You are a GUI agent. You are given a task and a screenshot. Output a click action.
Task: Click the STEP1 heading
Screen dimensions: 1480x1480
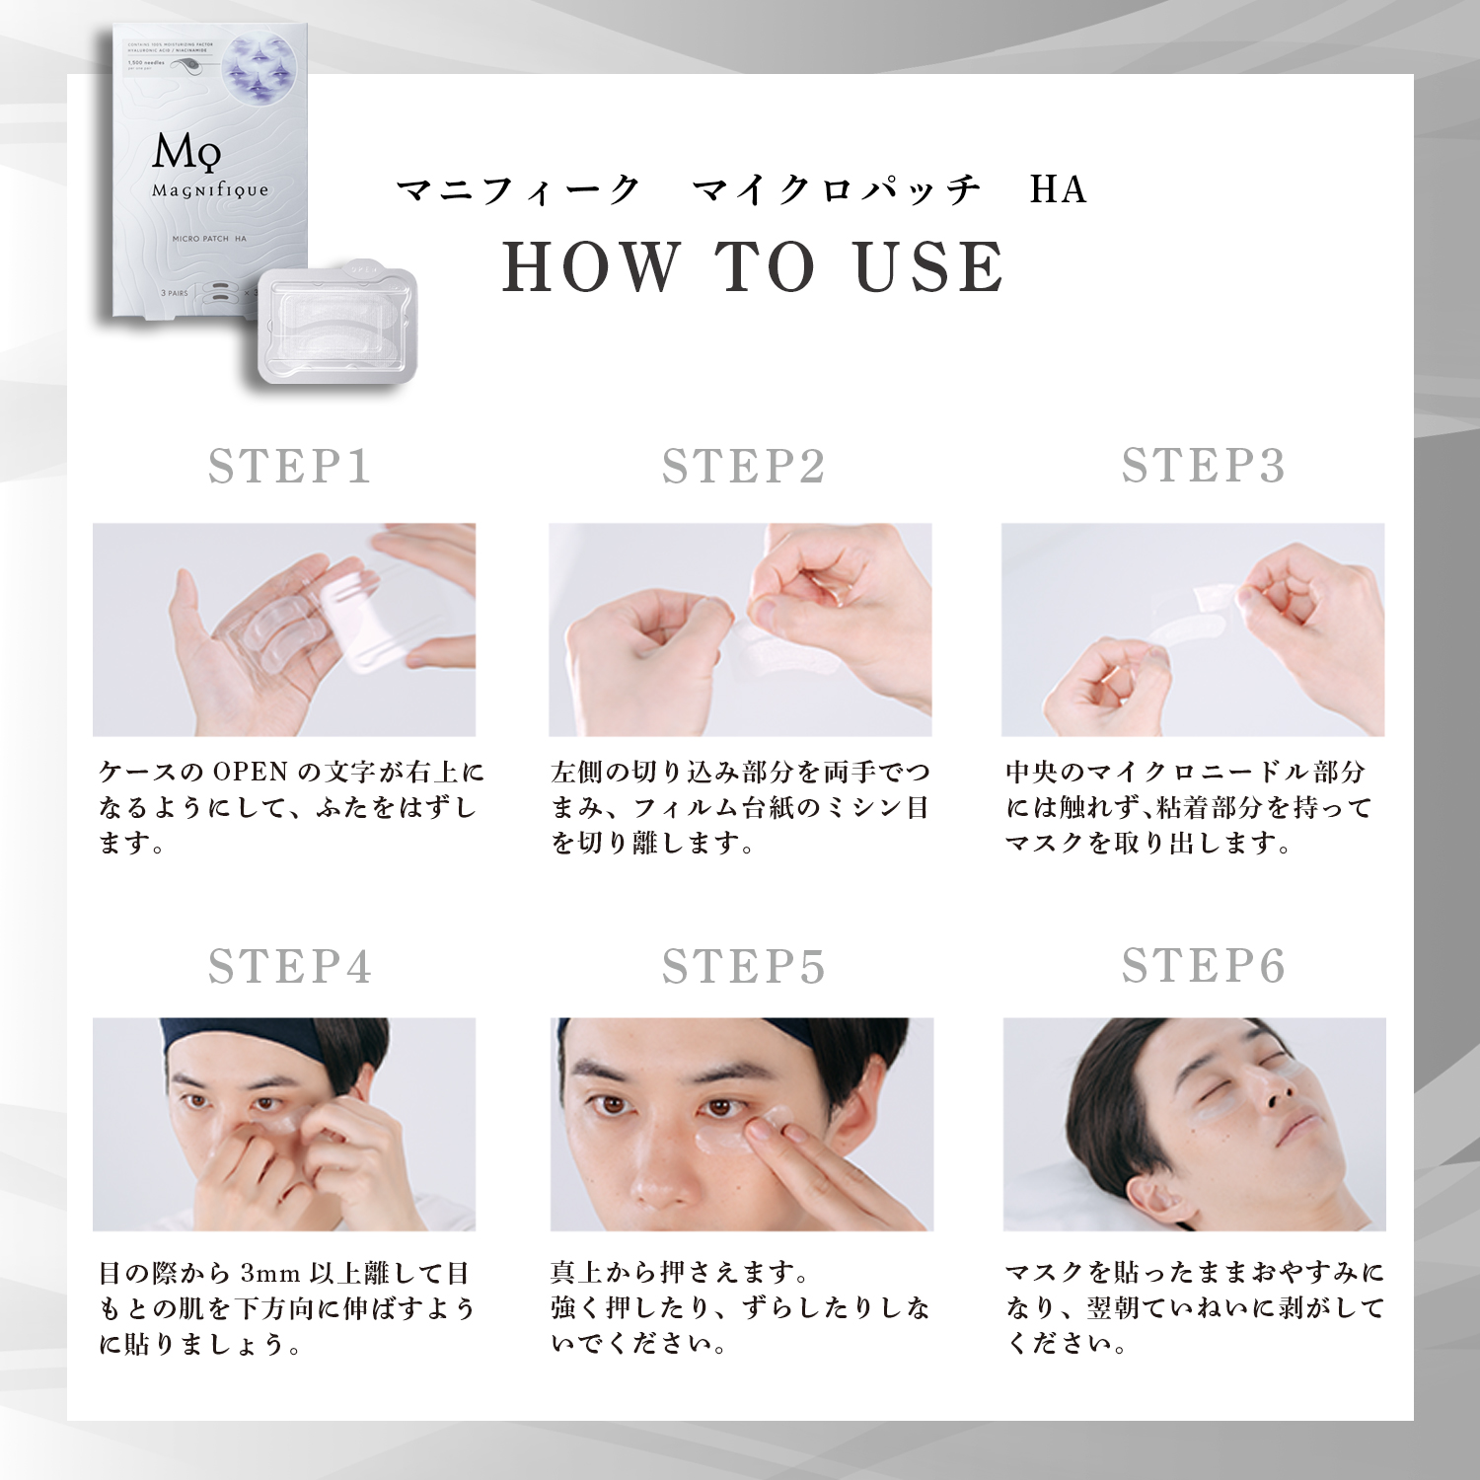click(x=289, y=467)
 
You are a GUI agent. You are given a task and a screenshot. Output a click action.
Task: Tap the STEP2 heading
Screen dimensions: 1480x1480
click(x=743, y=467)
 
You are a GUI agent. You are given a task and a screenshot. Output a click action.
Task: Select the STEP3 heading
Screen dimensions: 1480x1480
click(x=1203, y=466)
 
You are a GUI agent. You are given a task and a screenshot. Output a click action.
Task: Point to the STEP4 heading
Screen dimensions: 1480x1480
click(x=289, y=967)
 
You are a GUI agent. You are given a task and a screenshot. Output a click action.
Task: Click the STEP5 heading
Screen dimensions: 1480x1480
click(x=743, y=967)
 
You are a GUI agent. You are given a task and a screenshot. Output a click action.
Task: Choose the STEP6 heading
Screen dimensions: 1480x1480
click(x=1203, y=966)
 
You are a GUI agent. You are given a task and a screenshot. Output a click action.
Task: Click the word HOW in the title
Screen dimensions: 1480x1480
click(x=590, y=267)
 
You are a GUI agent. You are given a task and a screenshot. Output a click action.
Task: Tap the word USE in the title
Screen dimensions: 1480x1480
click(x=928, y=267)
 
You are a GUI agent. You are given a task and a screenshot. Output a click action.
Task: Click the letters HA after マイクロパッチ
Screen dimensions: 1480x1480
click(x=1058, y=189)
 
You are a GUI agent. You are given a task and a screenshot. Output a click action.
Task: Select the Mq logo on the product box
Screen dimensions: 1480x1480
click(x=186, y=152)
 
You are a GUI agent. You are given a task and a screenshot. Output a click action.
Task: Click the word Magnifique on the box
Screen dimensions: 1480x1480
click(x=209, y=190)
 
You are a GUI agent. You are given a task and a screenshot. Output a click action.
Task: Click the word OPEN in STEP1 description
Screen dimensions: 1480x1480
click(x=250, y=773)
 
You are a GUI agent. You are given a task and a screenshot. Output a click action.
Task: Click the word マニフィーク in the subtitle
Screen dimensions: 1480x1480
click(x=518, y=189)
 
